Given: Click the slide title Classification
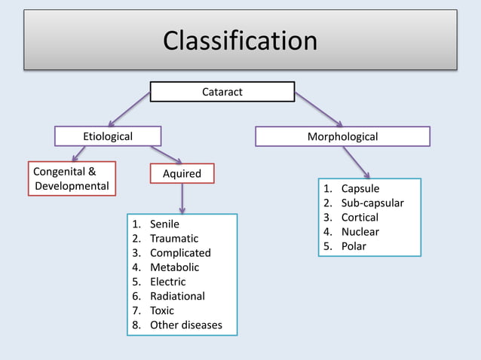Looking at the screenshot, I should tap(240, 40).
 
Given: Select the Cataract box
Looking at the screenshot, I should tap(222, 92).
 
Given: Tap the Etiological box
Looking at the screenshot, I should tap(108, 136).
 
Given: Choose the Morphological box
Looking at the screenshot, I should tap(342, 136).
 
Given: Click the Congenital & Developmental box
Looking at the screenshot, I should tap(72, 178).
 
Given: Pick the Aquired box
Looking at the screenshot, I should tap(182, 174).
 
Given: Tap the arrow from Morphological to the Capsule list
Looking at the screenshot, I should tap(356, 162).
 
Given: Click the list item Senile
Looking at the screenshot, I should tap(164, 224).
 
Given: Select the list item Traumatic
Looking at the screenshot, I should tap(174, 239).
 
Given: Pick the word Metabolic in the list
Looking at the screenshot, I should tap(174, 267).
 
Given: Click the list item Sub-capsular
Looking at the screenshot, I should tap(372, 203).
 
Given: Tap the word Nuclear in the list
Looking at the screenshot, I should tap(360, 232).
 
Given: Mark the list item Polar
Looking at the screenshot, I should tap(354, 246).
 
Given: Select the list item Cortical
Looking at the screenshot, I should tap(360, 218).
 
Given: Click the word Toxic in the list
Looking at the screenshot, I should tap(162, 310).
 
